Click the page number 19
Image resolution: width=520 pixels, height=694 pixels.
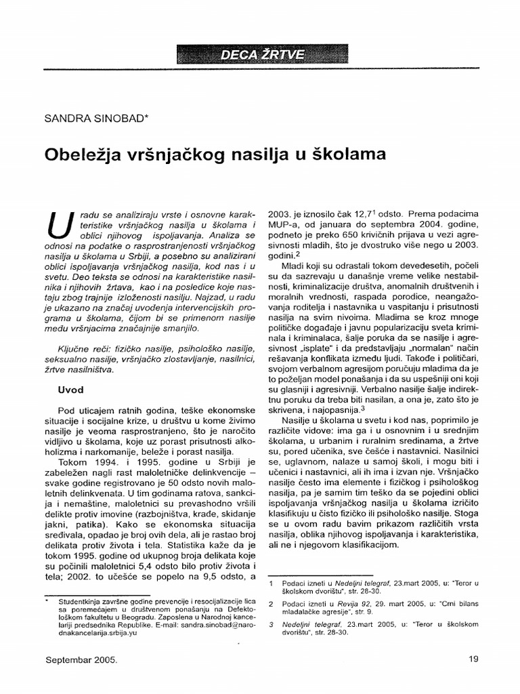tap(473, 658)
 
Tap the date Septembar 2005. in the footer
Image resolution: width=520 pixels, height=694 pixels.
tap(82, 658)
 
